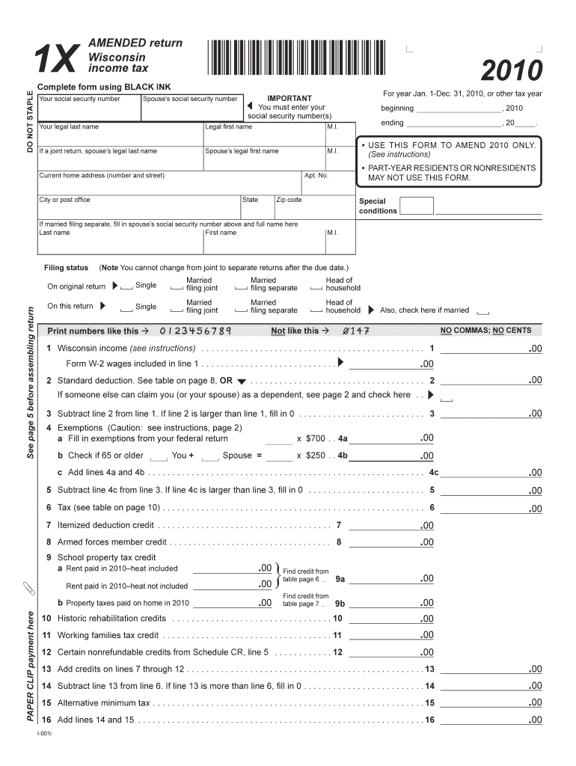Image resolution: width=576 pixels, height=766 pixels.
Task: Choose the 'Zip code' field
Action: [313, 209]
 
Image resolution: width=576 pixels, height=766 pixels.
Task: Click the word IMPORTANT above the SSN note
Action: [289, 98]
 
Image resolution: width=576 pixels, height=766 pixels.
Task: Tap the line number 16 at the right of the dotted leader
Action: [429, 720]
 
